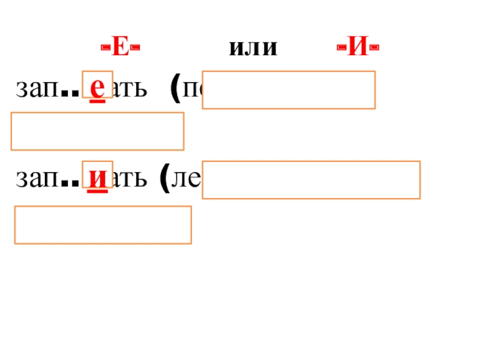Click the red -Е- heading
click(x=120, y=48)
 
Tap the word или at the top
click(x=253, y=49)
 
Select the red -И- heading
click(x=358, y=48)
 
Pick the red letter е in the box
click(x=97, y=88)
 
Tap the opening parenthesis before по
click(x=176, y=90)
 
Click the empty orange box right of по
click(x=289, y=90)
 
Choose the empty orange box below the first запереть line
click(x=97, y=132)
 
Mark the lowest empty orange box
click(x=103, y=225)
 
